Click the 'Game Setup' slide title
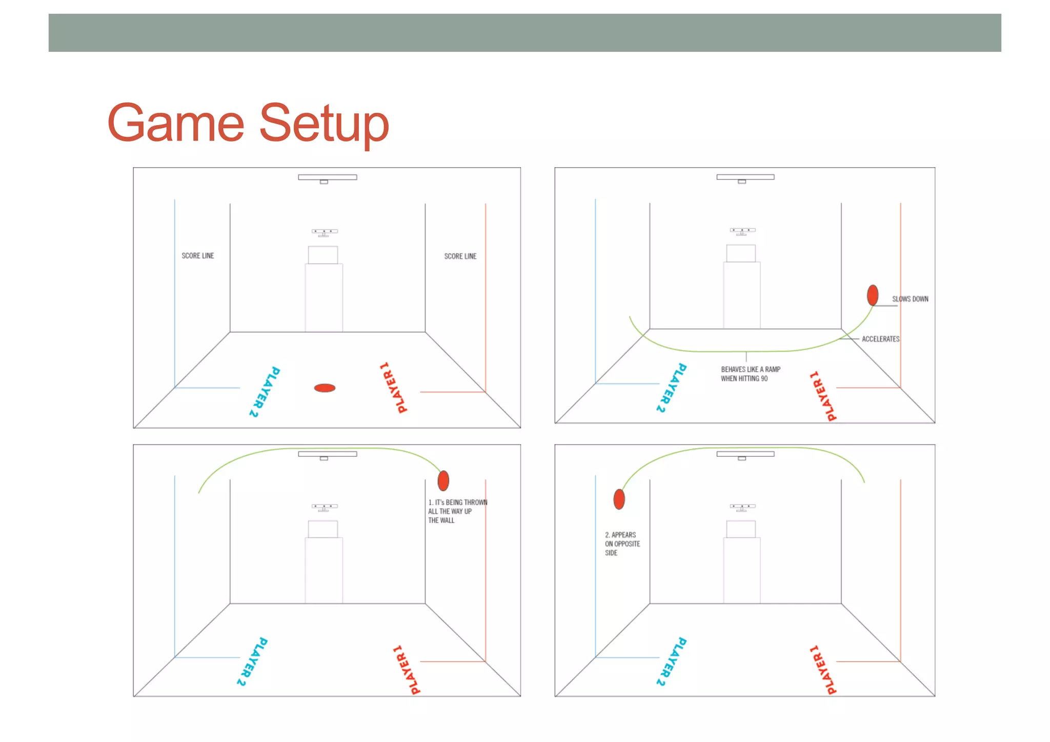(x=248, y=123)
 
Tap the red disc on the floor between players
(x=325, y=388)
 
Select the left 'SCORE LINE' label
(x=198, y=256)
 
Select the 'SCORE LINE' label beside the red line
(x=460, y=256)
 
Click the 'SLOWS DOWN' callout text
(x=910, y=299)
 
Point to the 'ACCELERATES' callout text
(x=880, y=339)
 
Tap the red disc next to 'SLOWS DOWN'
(x=873, y=295)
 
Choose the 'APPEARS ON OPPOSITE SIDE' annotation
(x=622, y=544)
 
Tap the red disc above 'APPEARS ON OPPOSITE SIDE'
(x=619, y=499)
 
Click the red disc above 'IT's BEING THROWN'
(x=443, y=480)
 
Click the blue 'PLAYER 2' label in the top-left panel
(x=265, y=392)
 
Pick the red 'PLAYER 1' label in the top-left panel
(x=393, y=388)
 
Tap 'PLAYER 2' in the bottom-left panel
(x=252, y=661)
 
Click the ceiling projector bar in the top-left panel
(x=328, y=177)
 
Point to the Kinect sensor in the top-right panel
(x=742, y=231)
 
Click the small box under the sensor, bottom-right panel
(x=741, y=529)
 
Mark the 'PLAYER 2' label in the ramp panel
(x=671, y=387)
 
